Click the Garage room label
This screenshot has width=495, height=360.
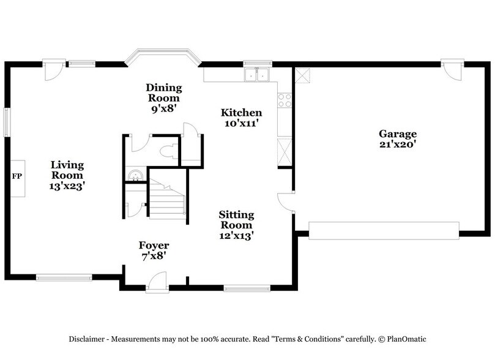(x=397, y=134)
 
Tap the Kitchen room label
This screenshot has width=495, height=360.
(x=241, y=113)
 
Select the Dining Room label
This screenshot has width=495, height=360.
(x=163, y=92)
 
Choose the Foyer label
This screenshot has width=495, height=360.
(x=154, y=246)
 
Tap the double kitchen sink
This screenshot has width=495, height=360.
(x=258, y=75)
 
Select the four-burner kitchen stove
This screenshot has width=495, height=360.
(x=285, y=100)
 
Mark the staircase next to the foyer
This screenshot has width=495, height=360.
(x=167, y=198)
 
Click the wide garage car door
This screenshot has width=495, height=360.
(x=384, y=230)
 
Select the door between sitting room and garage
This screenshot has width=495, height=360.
(x=285, y=201)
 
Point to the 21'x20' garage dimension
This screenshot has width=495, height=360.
(x=397, y=144)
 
